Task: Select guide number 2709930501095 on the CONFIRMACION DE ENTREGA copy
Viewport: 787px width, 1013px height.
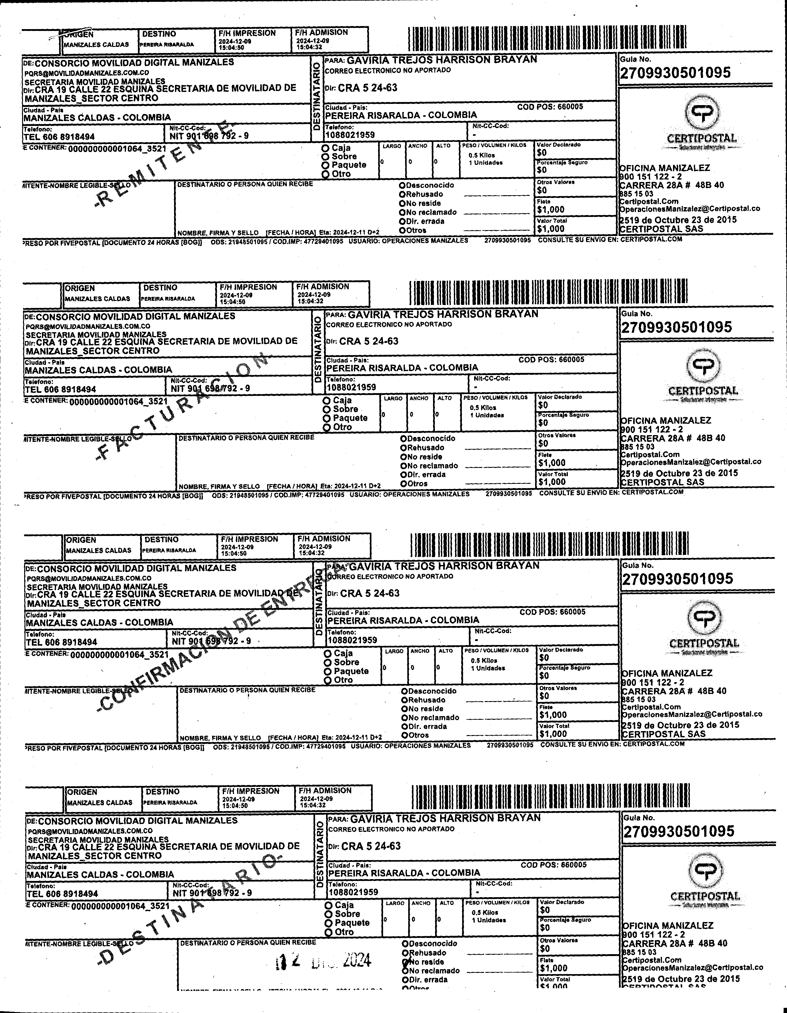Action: tap(678, 579)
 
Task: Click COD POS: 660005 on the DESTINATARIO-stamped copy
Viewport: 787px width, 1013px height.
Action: tap(553, 865)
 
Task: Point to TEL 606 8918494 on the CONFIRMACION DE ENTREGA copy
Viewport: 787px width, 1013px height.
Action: tap(62, 643)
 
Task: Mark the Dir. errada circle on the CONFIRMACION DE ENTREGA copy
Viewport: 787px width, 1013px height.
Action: tap(405, 727)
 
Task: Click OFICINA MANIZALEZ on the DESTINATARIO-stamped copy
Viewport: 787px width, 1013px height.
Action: tap(668, 925)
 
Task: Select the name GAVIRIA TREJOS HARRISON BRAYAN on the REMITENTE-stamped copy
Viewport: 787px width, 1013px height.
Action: tap(442, 60)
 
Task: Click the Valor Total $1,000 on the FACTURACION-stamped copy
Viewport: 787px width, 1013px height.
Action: tap(552, 482)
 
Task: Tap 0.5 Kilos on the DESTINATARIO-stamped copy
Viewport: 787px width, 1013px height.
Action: tap(485, 912)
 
